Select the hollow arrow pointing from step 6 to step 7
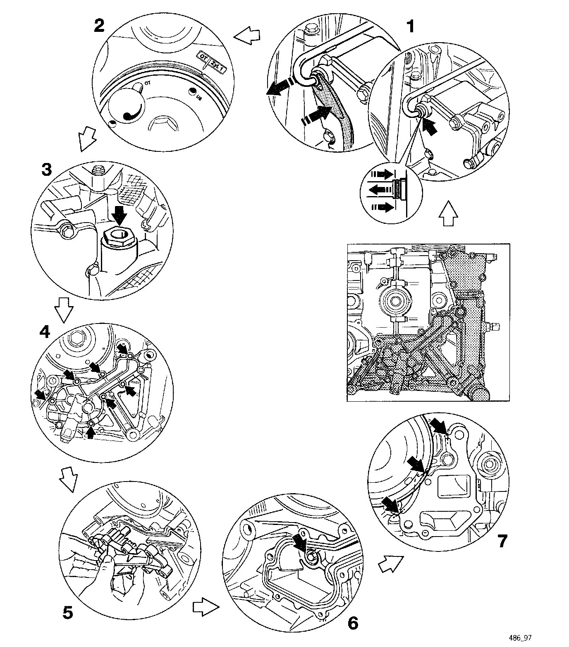pos(390,563)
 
